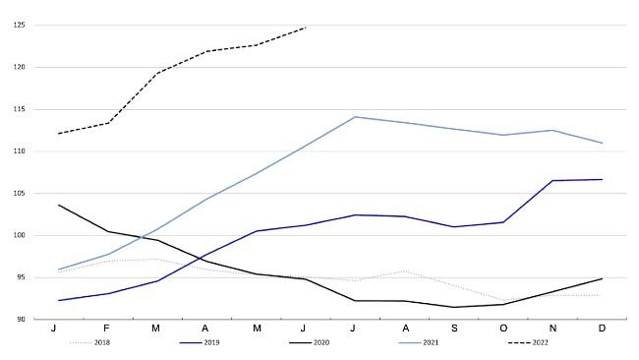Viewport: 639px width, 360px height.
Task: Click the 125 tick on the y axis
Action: (x=20, y=26)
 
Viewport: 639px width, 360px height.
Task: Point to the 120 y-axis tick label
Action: (x=20, y=68)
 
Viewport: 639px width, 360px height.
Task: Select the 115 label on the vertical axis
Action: (x=20, y=109)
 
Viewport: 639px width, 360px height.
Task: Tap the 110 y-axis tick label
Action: (x=20, y=151)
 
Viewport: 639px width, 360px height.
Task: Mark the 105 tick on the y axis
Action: (x=20, y=194)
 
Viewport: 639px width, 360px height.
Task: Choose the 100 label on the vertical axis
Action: (x=20, y=236)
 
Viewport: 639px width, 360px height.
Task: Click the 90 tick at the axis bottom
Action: (x=22, y=320)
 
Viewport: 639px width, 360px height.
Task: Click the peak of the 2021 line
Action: (x=354, y=117)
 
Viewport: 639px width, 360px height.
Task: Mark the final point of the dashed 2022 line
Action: (x=306, y=28)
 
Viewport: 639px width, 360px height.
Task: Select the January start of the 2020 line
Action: (x=59, y=205)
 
